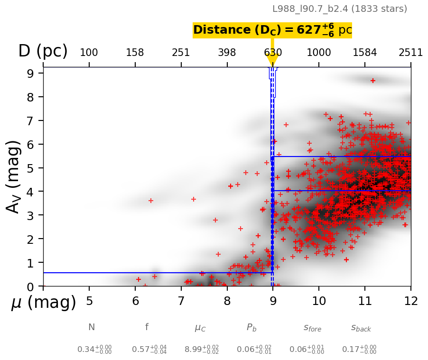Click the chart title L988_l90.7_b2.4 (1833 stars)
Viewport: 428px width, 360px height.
(x=339, y=9)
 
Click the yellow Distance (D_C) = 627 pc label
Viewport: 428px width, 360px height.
(x=272, y=30)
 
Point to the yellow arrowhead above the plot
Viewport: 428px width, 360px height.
(x=272, y=60)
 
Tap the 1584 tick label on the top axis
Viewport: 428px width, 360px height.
(x=364, y=53)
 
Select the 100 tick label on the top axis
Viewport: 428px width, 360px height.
(x=89, y=53)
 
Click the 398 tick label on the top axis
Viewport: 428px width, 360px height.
(x=227, y=53)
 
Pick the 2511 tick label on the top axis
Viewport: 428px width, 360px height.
(x=410, y=53)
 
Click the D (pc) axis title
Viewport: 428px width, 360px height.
(x=43, y=51)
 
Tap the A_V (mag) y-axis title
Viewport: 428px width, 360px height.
(x=14, y=176)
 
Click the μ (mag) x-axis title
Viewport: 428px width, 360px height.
(x=43, y=302)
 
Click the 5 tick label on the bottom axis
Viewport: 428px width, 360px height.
(x=89, y=301)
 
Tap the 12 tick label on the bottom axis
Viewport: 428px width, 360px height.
(x=410, y=301)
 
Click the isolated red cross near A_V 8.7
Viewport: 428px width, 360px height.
(x=373, y=81)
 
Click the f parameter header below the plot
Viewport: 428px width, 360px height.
(x=147, y=327)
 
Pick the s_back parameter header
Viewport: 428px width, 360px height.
(x=361, y=328)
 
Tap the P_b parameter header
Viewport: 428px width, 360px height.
(x=252, y=328)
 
